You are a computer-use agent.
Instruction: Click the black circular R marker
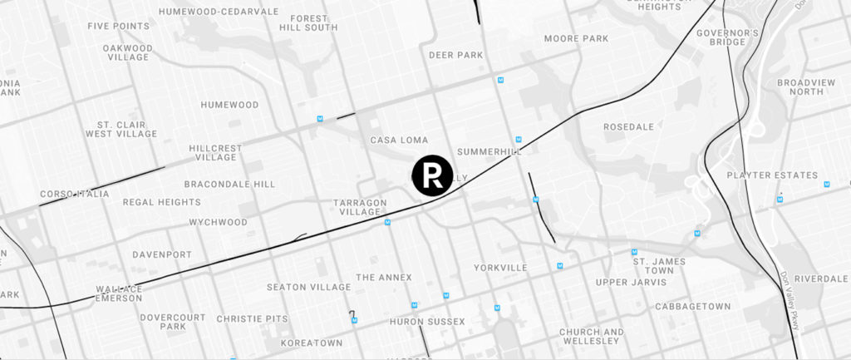click(x=432, y=175)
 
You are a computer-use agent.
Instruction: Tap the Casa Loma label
click(x=399, y=140)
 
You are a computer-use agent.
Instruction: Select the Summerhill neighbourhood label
click(x=489, y=152)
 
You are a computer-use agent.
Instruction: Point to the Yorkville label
click(x=500, y=268)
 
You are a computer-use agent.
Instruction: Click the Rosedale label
click(x=629, y=127)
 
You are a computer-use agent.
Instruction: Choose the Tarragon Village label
click(x=362, y=207)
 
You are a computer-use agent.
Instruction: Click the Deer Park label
click(x=456, y=55)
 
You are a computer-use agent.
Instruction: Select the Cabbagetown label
click(x=692, y=306)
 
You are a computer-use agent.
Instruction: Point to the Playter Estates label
click(x=772, y=175)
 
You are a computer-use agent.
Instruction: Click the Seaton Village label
click(x=308, y=287)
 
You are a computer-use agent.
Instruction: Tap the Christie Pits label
click(x=251, y=318)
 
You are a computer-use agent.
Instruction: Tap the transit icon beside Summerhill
click(x=518, y=139)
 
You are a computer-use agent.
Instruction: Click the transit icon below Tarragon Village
click(x=387, y=222)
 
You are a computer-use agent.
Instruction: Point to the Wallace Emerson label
click(x=119, y=294)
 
